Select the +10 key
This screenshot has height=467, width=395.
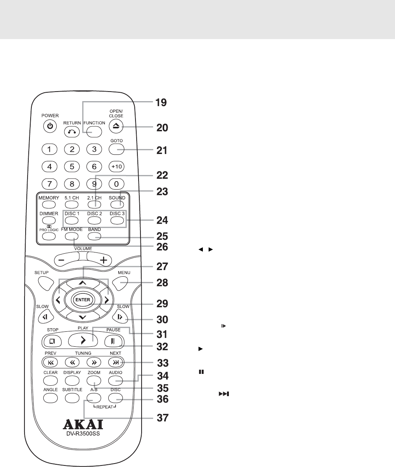click(116, 166)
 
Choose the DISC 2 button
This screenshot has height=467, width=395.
click(94, 220)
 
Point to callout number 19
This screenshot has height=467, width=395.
click(161, 103)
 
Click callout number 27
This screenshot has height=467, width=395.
click(161, 266)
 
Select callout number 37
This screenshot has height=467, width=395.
click(161, 417)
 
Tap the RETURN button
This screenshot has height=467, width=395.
click(72, 131)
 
